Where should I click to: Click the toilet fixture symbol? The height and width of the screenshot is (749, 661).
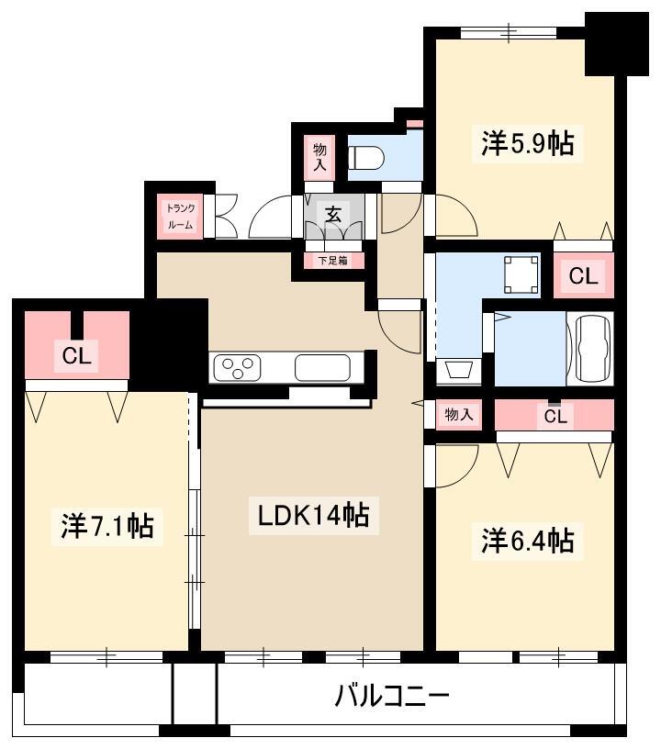[x=366, y=157]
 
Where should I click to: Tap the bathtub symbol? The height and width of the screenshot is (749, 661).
[x=593, y=349]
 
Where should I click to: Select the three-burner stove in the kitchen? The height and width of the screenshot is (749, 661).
[x=237, y=368]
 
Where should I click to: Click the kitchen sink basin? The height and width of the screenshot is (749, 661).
[x=322, y=368]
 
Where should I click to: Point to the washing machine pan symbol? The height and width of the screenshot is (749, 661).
[x=521, y=275]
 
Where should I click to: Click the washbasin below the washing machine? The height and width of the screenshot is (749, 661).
[x=458, y=371]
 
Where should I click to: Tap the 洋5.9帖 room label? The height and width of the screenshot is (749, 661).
[x=527, y=143]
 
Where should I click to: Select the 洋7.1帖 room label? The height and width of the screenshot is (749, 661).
[x=107, y=525]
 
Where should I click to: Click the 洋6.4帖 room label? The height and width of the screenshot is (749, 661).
[x=527, y=541]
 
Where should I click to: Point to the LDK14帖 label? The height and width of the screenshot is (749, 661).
[x=314, y=516]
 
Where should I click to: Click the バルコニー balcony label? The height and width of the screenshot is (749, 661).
[x=392, y=697]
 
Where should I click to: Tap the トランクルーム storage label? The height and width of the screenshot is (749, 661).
[x=181, y=217]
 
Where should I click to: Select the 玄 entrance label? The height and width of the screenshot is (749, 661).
[x=333, y=215]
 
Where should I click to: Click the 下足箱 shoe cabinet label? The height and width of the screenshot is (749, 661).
[x=333, y=261]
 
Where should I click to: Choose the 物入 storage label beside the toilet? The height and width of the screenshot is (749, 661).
[x=319, y=157]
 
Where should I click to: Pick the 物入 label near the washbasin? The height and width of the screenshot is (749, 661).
[x=459, y=414]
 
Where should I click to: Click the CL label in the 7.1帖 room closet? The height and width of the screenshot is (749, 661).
[x=76, y=355]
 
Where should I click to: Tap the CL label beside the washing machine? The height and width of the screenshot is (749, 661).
[x=583, y=275]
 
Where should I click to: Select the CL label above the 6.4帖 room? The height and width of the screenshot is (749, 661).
[x=555, y=417]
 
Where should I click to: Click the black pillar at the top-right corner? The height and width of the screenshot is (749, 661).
[x=617, y=44]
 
